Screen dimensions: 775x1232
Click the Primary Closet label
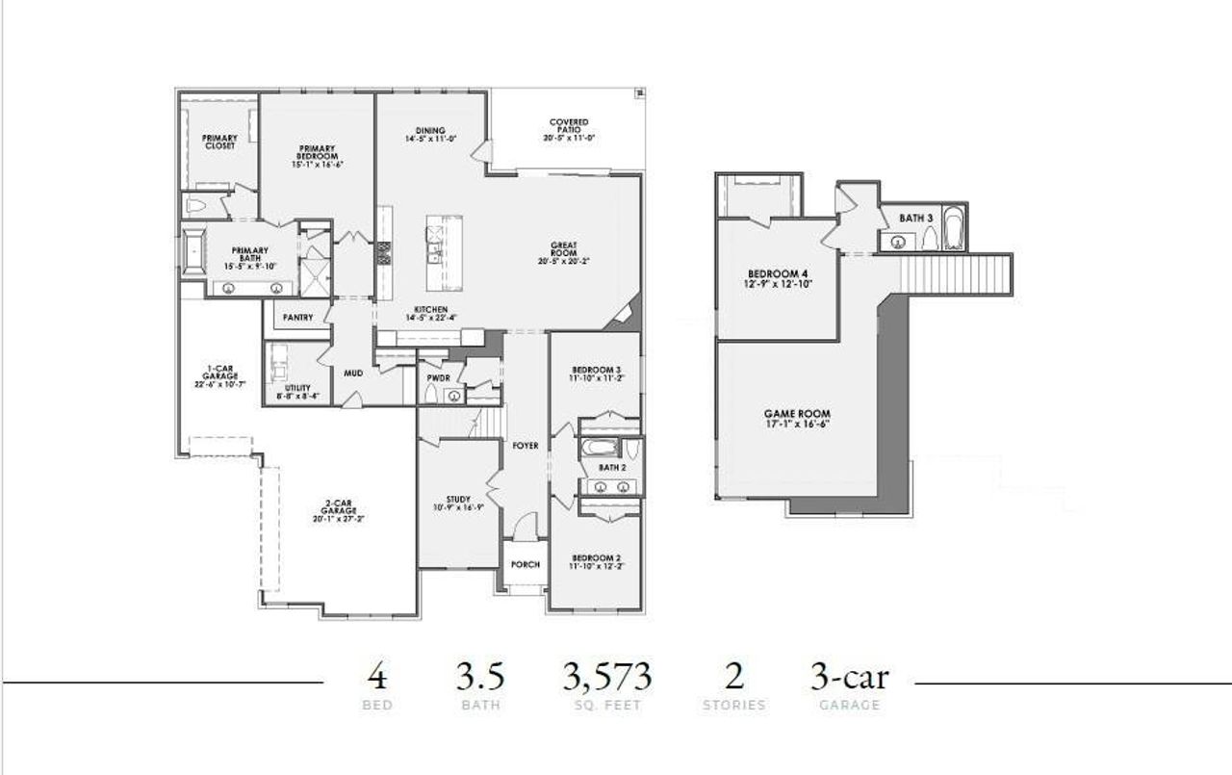pyautogui.click(x=219, y=142)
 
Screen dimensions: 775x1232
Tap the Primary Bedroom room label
pyautogui.click(x=317, y=154)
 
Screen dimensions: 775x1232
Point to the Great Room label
pyautogui.click(x=563, y=253)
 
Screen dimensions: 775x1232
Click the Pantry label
pyautogui.click(x=297, y=317)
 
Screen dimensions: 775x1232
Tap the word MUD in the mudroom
pyautogui.click(x=353, y=373)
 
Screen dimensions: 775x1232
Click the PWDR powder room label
pyautogui.click(x=438, y=378)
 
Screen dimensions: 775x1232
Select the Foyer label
pyautogui.click(x=525, y=446)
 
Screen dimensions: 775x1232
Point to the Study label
pyautogui.click(x=457, y=501)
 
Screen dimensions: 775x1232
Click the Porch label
pyautogui.click(x=525, y=564)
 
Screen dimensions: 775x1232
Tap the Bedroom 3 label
pyautogui.click(x=596, y=374)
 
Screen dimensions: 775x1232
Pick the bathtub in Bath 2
pyautogui.click(x=597, y=448)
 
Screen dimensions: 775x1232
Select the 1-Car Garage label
pyautogui.click(x=219, y=375)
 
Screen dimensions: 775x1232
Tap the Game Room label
pyautogui.click(x=797, y=418)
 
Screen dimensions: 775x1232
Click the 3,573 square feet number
pyautogui.click(x=606, y=677)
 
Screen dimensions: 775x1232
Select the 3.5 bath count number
pyautogui.click(x=479, y=677)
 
